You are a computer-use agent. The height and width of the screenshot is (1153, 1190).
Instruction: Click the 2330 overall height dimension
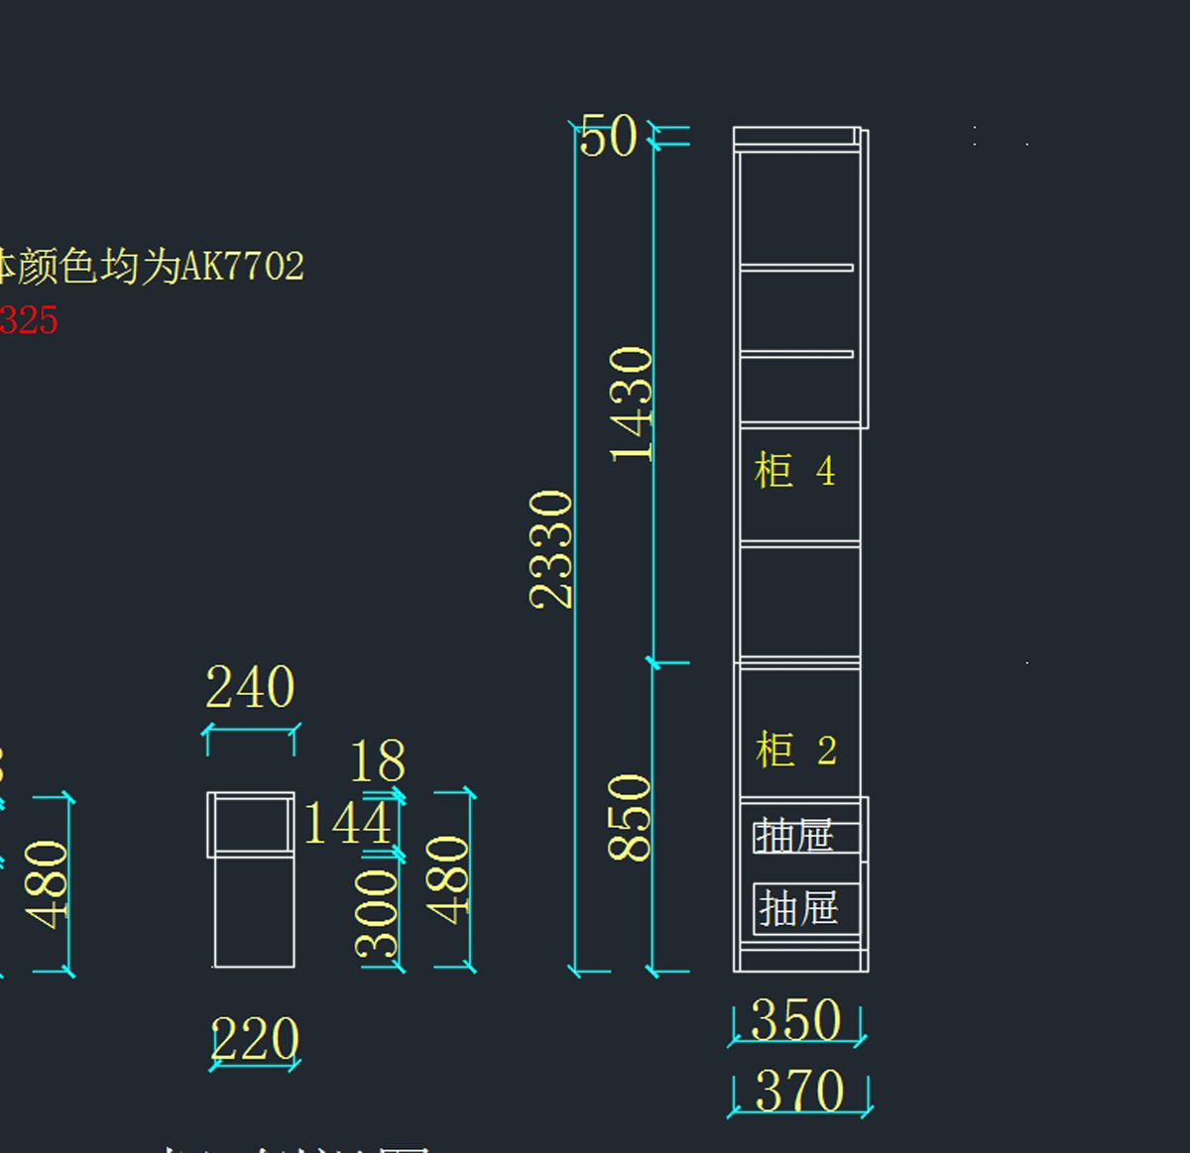pyautogui.click(x=551, y=548)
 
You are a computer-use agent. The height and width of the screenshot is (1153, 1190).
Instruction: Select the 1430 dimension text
pyautogui.click(x=631, y=404)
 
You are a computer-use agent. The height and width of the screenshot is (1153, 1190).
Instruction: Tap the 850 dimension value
pyautogui.click(x=629, y=817)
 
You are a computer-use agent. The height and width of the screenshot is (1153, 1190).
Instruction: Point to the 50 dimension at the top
pyautogui.click(x=608, y=137)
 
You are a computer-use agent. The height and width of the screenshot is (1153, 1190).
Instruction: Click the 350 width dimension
pyautogui.click(x=796, y=1019)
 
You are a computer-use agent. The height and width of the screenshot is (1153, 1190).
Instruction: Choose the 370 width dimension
pyautogui.click(x=799, y=1091)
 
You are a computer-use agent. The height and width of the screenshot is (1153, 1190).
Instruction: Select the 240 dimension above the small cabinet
pyautogui.click(x=250, y=687)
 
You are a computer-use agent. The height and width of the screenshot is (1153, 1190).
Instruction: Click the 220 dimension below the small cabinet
pyautogui.click(x=255, y=1039)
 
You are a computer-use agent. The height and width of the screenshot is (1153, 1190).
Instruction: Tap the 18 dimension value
pyautogui.click(x=378, y=761)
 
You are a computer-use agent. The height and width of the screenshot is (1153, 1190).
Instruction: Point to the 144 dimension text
pyautogui.click(x=347, y=823)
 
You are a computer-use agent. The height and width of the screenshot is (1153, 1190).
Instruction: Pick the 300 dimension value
pyautogui.click(x=378, y=913)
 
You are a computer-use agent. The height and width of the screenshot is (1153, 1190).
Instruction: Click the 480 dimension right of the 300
pyautogui.click(x=447, y=879)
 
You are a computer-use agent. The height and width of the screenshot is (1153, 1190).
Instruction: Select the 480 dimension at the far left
pyautogui.click(x=47, y=884)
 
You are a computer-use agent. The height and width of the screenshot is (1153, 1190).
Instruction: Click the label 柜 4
pyautogui.click(x=794, y=471)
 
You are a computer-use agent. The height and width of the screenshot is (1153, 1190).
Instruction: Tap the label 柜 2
pyautogui.click(x=795, y=750)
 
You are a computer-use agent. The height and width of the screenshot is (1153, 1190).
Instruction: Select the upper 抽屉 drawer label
pyautogui.click(x=793, y=837)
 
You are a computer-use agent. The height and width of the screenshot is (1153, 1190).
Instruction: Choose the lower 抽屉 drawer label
pyautogui.click(x=798, y=907)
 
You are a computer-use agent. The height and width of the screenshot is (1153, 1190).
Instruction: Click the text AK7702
pyautogui.click(x=243, y=266)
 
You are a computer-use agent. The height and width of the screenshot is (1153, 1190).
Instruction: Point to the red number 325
pyautogui.click(x=29, y=320)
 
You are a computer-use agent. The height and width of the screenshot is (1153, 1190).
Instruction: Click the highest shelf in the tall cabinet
pyautogui.click(x=796, y=268)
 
